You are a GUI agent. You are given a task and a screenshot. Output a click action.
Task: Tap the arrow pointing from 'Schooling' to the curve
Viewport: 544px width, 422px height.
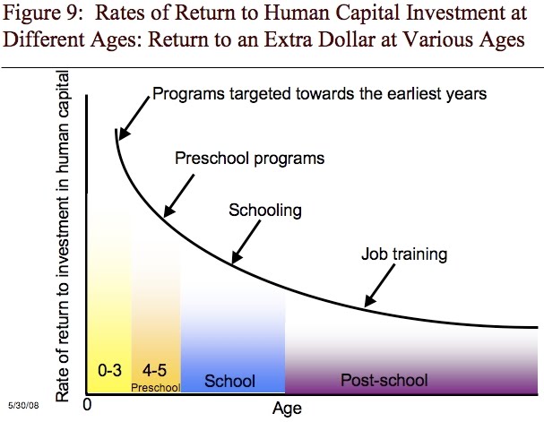[x=248, y=243]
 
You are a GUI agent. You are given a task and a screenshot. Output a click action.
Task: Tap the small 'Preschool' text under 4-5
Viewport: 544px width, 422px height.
[x=156, y=387]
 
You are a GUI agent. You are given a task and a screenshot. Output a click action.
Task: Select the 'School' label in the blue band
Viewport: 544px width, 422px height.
[x=229, y=380]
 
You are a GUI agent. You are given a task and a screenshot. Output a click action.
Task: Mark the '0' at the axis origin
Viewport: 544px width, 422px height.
[x=88, y=405]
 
